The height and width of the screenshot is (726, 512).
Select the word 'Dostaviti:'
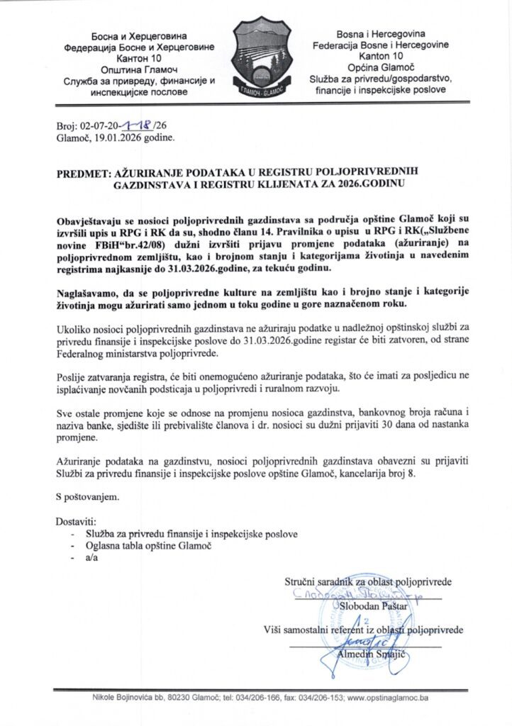75,522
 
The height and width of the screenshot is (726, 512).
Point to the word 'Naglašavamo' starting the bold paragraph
89,293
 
